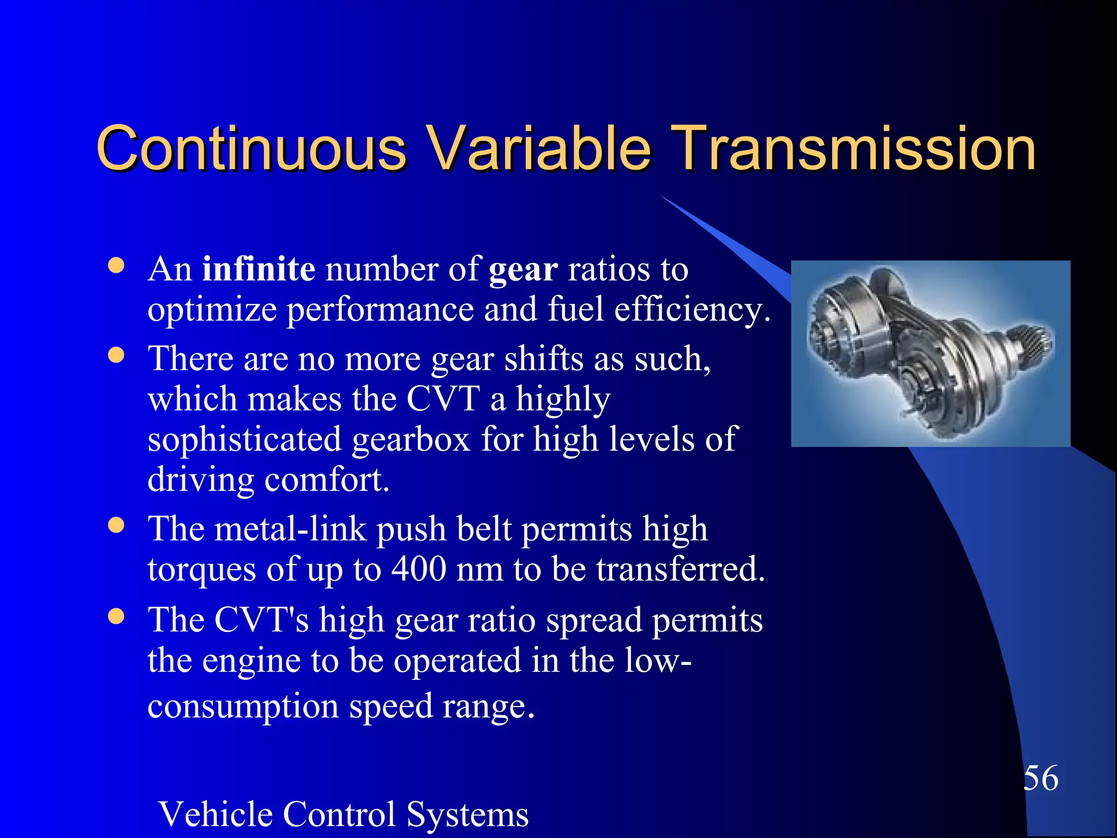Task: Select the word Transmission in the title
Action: (x=854, y=148)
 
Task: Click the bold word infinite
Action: (x=259, y=269)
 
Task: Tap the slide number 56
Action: (x=1041, y=778)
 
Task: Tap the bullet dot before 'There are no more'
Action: (x=116, y=356)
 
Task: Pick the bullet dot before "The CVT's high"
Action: (x=116, y=616)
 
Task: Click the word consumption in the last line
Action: (x=243, y=707)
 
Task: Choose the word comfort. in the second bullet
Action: (x=327, y=480)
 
